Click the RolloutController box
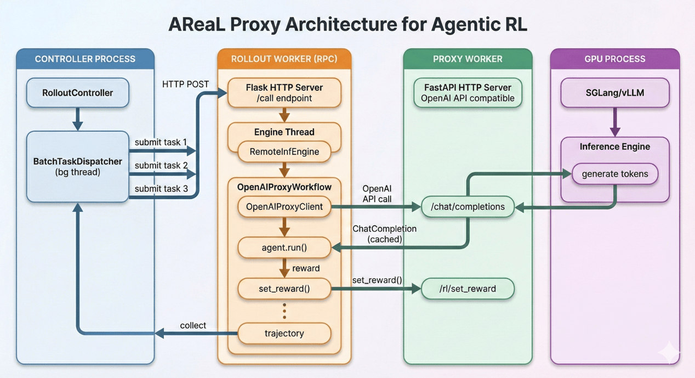pyautogui.click(x=77, y=93)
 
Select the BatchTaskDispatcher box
pyautogui.click(x=77, y=167)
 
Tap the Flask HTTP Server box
pyautogui.click(x=284, y=93)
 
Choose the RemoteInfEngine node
pyautogui.click(x=284, y=152)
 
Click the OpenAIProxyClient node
pyautogui.click(x=284, y=207)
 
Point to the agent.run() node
pyautogui.click(x=284, y=247)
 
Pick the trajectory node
pyautogui.click(x=284, y=333)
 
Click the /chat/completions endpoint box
pyautogui.click(x=468, y=207)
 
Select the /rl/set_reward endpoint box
pyautogui.click(x=468, y=289)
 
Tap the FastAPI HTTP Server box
pyautogui.click(x=468, y=93)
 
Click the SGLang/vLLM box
pyautogui.click(x=614, y=93)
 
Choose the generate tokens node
pyautogui.click(x=614, y=174)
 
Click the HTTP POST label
pyautogui.click(x=185, y=84)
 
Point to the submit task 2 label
pyautogui.click(x=161, y=165)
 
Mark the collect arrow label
pyautogui.click(x=193, y=325)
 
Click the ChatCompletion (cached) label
pyautogui.click(x=384, y=234)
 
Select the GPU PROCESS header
pyautogui.click(x=614, y=59)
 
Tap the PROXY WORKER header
pyautogui.click(x=468, y=59)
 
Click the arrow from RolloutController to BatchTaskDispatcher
pyautogui.click(x=77, y=119)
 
